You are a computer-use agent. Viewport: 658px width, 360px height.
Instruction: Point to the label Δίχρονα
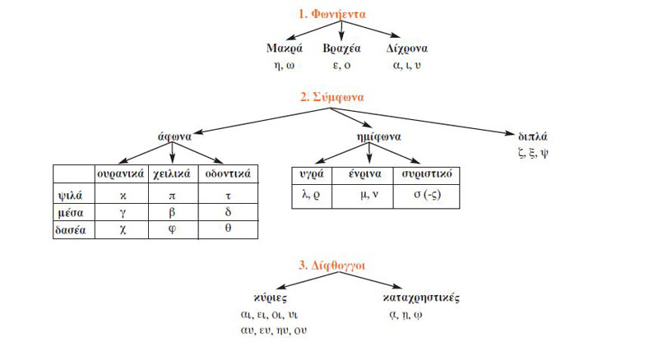[407, 48]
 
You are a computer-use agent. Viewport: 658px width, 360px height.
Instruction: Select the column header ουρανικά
[121, 173]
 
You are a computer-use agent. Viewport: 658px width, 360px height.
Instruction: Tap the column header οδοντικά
[226, 173]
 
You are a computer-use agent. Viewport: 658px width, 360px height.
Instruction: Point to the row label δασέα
[72, 230]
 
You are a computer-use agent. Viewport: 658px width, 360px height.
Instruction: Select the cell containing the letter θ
[227, 230]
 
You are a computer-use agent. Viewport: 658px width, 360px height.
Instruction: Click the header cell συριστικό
[424, 174]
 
